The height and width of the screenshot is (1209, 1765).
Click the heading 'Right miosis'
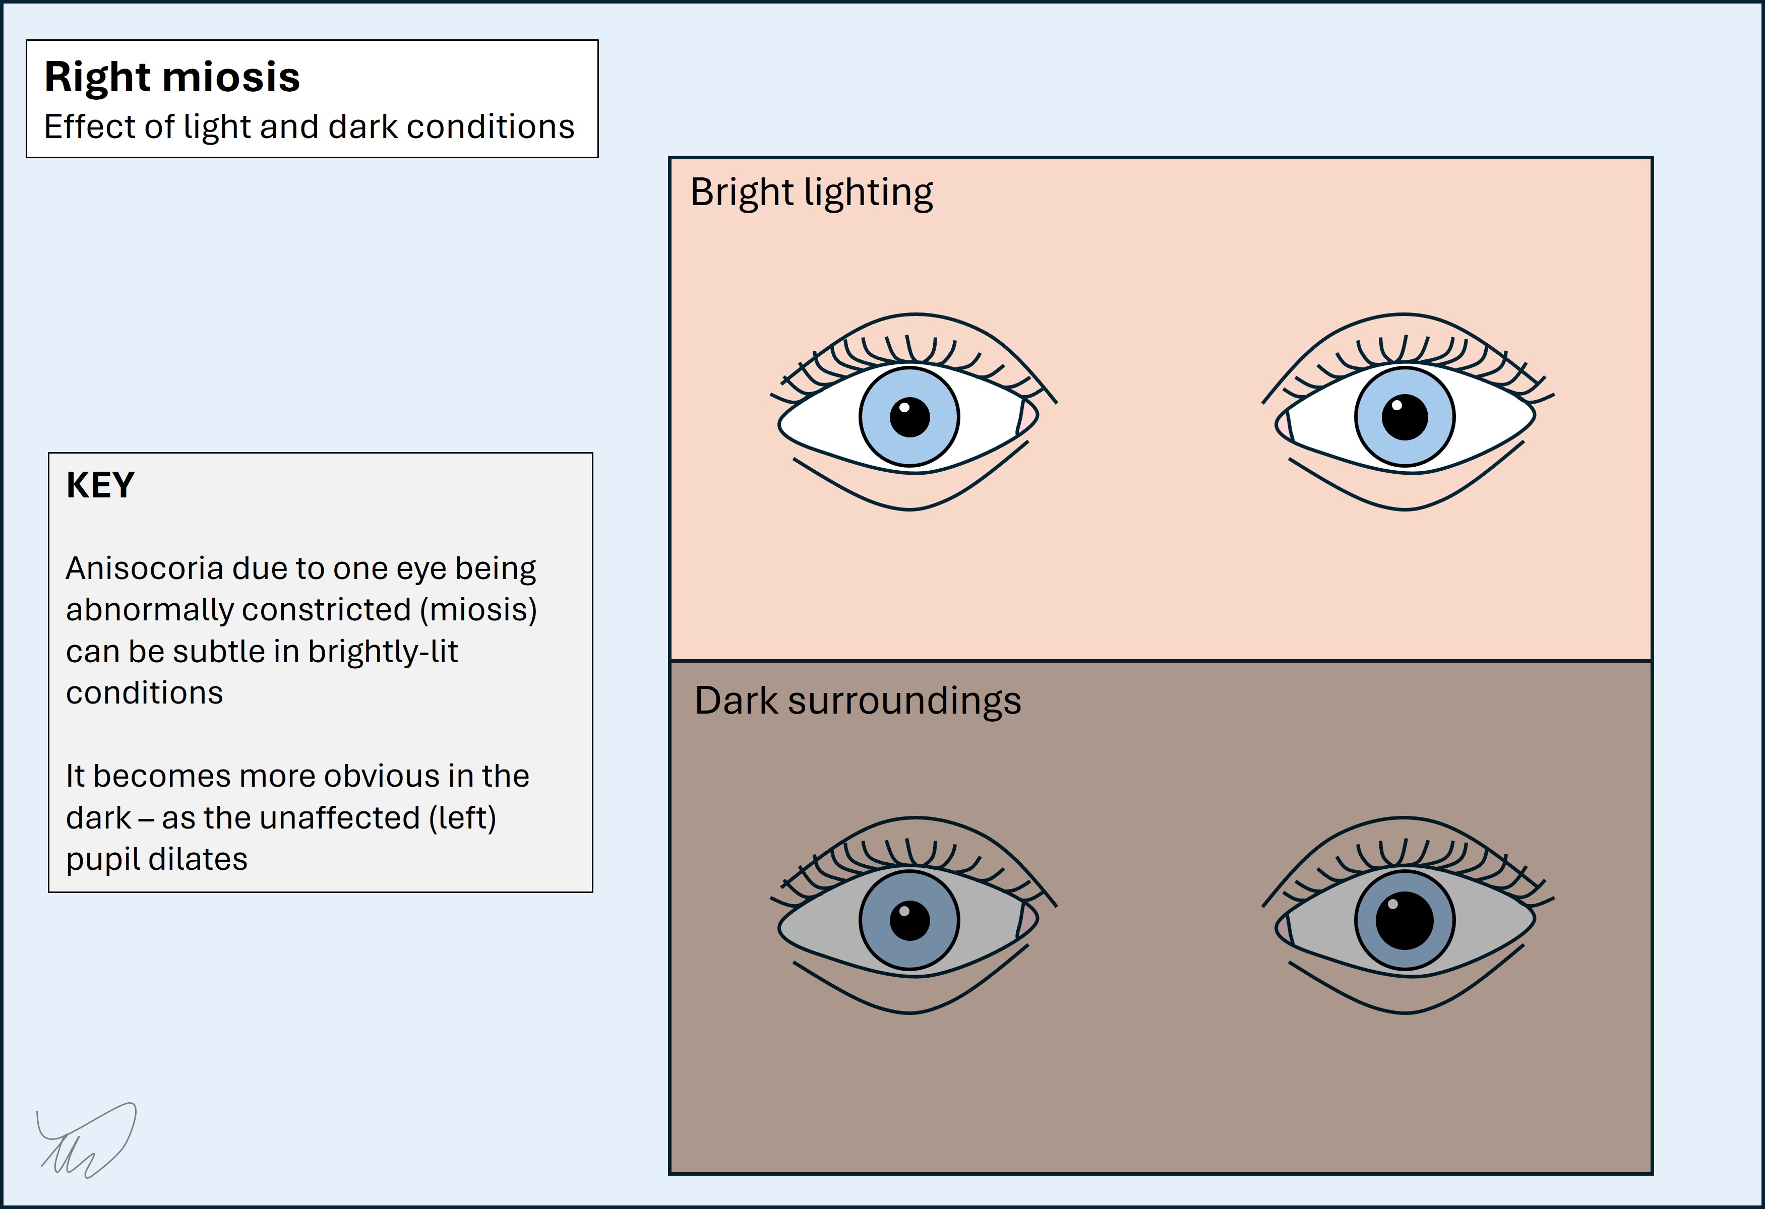[x=172, y=78]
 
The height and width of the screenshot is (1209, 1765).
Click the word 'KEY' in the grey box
[x=100, y=485]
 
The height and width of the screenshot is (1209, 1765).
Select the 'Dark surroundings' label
[x=858, y=700]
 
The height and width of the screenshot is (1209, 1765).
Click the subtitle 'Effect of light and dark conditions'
[x=309, y=127]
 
